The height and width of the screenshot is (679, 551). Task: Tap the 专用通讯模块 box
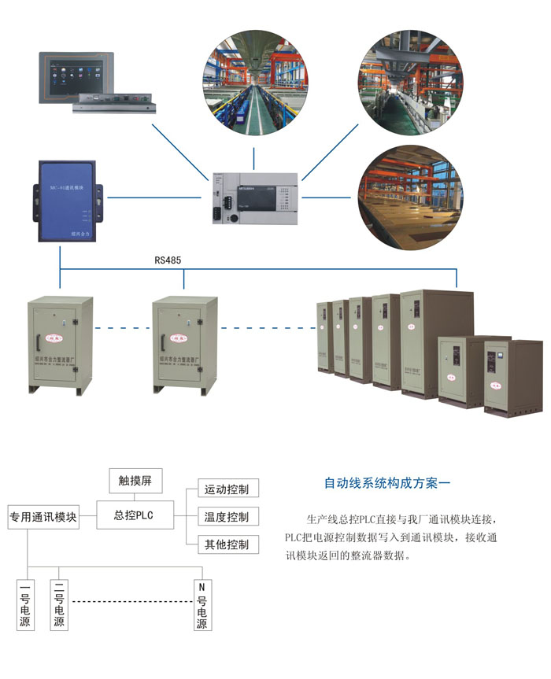43,517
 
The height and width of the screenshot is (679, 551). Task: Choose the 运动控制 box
226,489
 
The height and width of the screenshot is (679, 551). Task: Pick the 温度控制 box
226,517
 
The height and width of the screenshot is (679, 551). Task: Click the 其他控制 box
226,544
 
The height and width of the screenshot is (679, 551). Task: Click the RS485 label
169,258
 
